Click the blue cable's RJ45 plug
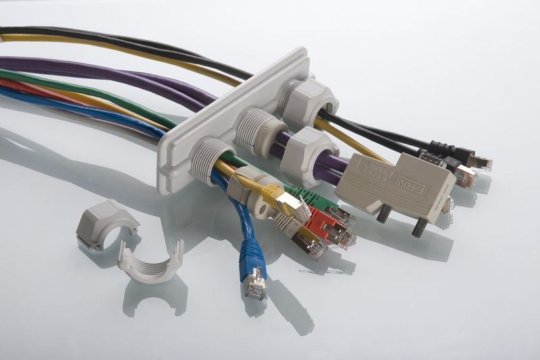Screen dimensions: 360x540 [255, 283]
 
